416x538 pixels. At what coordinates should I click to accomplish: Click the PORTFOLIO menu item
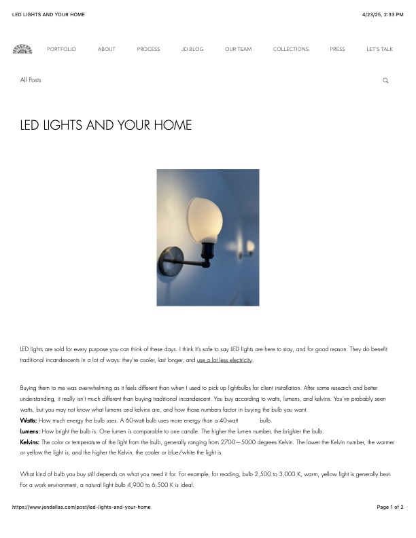pyautogui.click(x=61, y=49)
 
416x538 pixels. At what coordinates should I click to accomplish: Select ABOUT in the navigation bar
pyautogui.click(x=106, y=49)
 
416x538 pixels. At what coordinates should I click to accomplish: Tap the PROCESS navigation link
pyautogui.click(x=148, y=49)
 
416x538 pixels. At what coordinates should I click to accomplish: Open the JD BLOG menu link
pyautogui.click(x=192, y=49)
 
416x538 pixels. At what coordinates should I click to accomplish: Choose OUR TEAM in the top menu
pyautogui.click(x=238, y=49)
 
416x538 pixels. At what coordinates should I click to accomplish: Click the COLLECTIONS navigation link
pyautogui.click(x=290, y=49)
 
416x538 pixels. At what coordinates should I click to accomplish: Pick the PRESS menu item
pyautogui.click(x=337, y=49)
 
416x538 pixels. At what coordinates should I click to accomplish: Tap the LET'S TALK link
pyautogui.click(x=379, y=49)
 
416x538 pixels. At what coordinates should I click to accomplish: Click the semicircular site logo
pyautogui.click(x=22, y=49)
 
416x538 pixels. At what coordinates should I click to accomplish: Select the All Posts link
pyautogui.click(x=31, y=80)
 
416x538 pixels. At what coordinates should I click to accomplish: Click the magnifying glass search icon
pyautogui.click(x=385, y=81)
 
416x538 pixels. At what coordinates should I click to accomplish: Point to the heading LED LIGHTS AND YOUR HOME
pyautogui.click(x=106, y=126)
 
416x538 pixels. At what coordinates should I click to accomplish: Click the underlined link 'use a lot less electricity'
pyautogui.click(x=224, y=359)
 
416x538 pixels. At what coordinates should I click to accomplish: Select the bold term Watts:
pyautogui.click(x=29, y=421)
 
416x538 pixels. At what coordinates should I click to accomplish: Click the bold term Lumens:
pyautogui.click(x=31, y=431)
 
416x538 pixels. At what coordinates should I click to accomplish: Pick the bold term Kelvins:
pyautogui.click(x=30, y=442)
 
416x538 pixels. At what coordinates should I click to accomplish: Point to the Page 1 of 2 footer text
pyautogui.click(x=390, y=507)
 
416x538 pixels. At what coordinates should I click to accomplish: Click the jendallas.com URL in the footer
pyautogui.click(x=82, y=507)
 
